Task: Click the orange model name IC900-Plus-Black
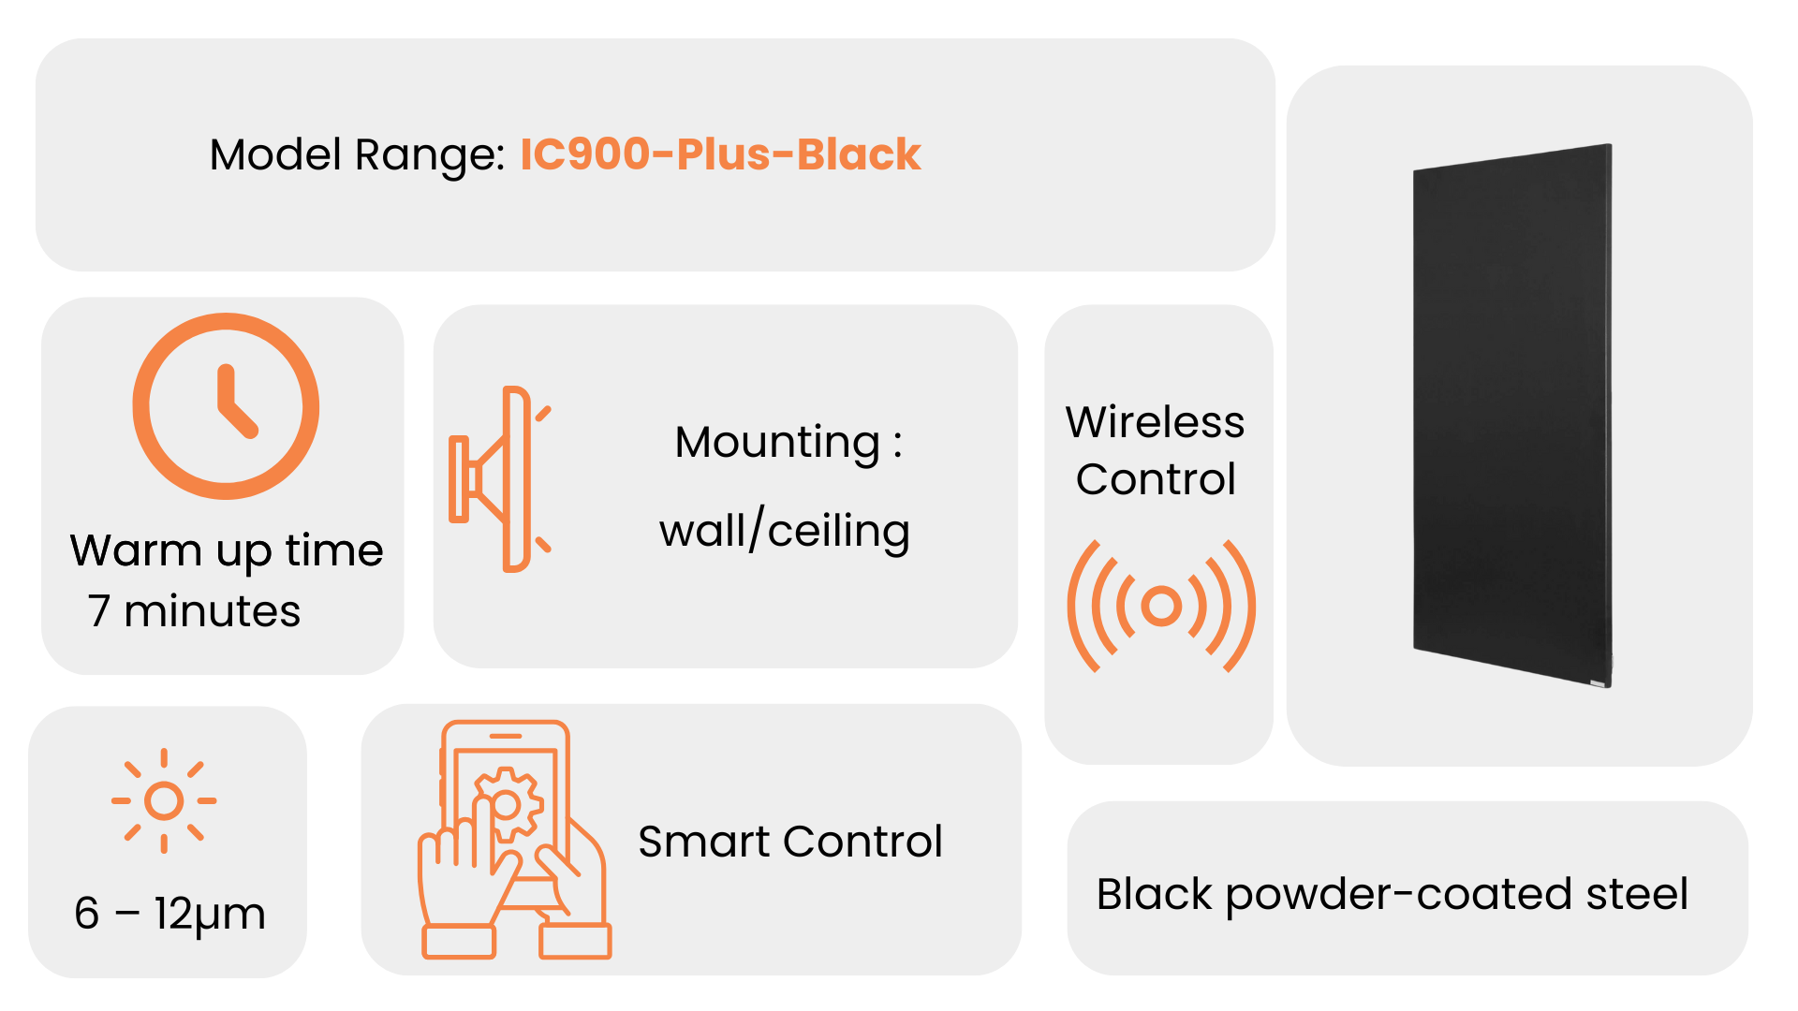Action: point(720,154)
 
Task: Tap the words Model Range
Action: point(357,155)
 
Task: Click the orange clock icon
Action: point(226,406)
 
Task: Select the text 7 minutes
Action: point(195,611)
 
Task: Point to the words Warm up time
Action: point(227,551)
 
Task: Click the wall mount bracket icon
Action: point(500,478)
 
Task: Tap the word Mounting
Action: point(777,443)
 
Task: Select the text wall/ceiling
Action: point(785,531)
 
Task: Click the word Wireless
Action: point(1156,422)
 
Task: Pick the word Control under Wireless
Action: point(1156,479)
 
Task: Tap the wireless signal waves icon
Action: point(1161,606)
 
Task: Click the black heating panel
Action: point(1512,416)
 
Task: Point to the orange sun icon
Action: point(164,801)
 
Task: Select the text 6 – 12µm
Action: point(169,915)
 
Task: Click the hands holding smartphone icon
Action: point(514,840)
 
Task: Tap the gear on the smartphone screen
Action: point(507,804)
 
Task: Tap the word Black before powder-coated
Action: point(1155,894)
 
